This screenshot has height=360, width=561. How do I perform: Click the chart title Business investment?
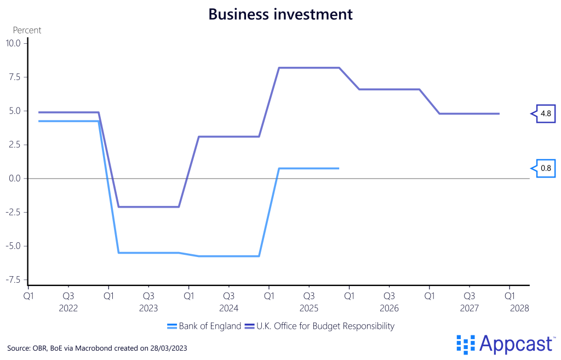[x=280, y=14]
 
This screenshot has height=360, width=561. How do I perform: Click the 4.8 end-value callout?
[x=546, y=113]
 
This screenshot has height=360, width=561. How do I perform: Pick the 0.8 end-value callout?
[x=546, y=168]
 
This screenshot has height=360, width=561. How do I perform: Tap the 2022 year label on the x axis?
[x=68, y=308]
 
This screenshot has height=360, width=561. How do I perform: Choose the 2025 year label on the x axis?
[x=309, y=308]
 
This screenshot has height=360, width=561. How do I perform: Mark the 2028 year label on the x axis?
[x=519, y=308]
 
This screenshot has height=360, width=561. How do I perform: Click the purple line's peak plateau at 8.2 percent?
[x=310, y=68]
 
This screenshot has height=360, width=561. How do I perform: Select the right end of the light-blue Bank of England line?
[x=339, y=168]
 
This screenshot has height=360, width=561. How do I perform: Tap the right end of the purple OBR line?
[x=499, y=113]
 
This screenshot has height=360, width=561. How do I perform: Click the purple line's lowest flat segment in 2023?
[x=148, y=207]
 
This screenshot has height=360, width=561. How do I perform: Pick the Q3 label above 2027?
[x=470, y=296]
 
